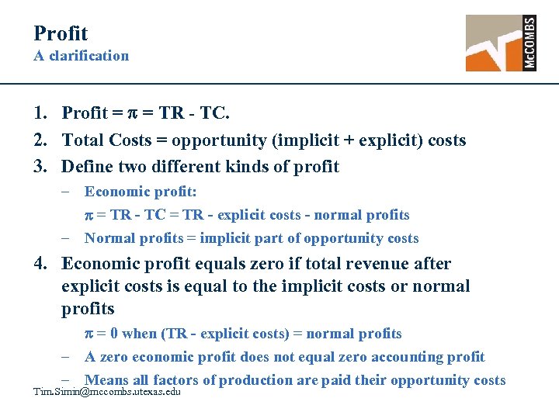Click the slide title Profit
[61, 33]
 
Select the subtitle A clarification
[81, 56]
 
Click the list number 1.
[40, 113]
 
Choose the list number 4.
[40, 264]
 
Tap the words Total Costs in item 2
[106, 140]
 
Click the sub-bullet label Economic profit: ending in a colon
[141, 192]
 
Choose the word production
[258, 380]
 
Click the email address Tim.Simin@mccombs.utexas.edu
[107, 392]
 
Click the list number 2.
[40, 140]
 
